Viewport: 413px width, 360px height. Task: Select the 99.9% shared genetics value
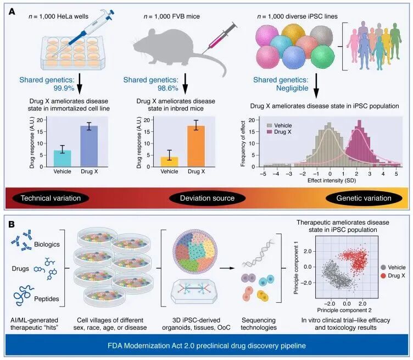click(49, 88)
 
